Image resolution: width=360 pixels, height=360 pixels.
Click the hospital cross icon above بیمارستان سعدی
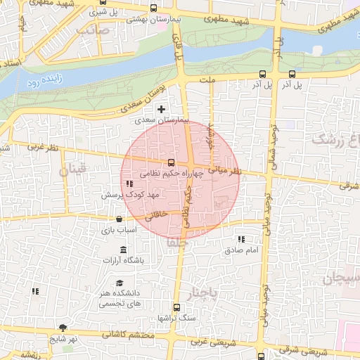[x=162, y=109]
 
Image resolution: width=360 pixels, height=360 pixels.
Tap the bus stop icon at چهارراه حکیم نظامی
[x=169, y=163]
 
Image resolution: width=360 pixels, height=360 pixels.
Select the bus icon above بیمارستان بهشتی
[x=154, y=8]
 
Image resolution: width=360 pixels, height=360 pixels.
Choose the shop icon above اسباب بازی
[x=117, y=219]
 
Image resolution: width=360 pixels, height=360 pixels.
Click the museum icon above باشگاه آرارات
[x=124, y=251]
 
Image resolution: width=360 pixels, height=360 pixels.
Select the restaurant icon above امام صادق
[x=242, y=240]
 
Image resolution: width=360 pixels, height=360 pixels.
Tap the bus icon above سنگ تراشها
[x=176, y=307]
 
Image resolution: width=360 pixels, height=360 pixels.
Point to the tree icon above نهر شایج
[x=63, y=328]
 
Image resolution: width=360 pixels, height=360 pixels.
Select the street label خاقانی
[x=154, y=214]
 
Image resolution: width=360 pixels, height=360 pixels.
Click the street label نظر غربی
[x=42, y=148]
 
